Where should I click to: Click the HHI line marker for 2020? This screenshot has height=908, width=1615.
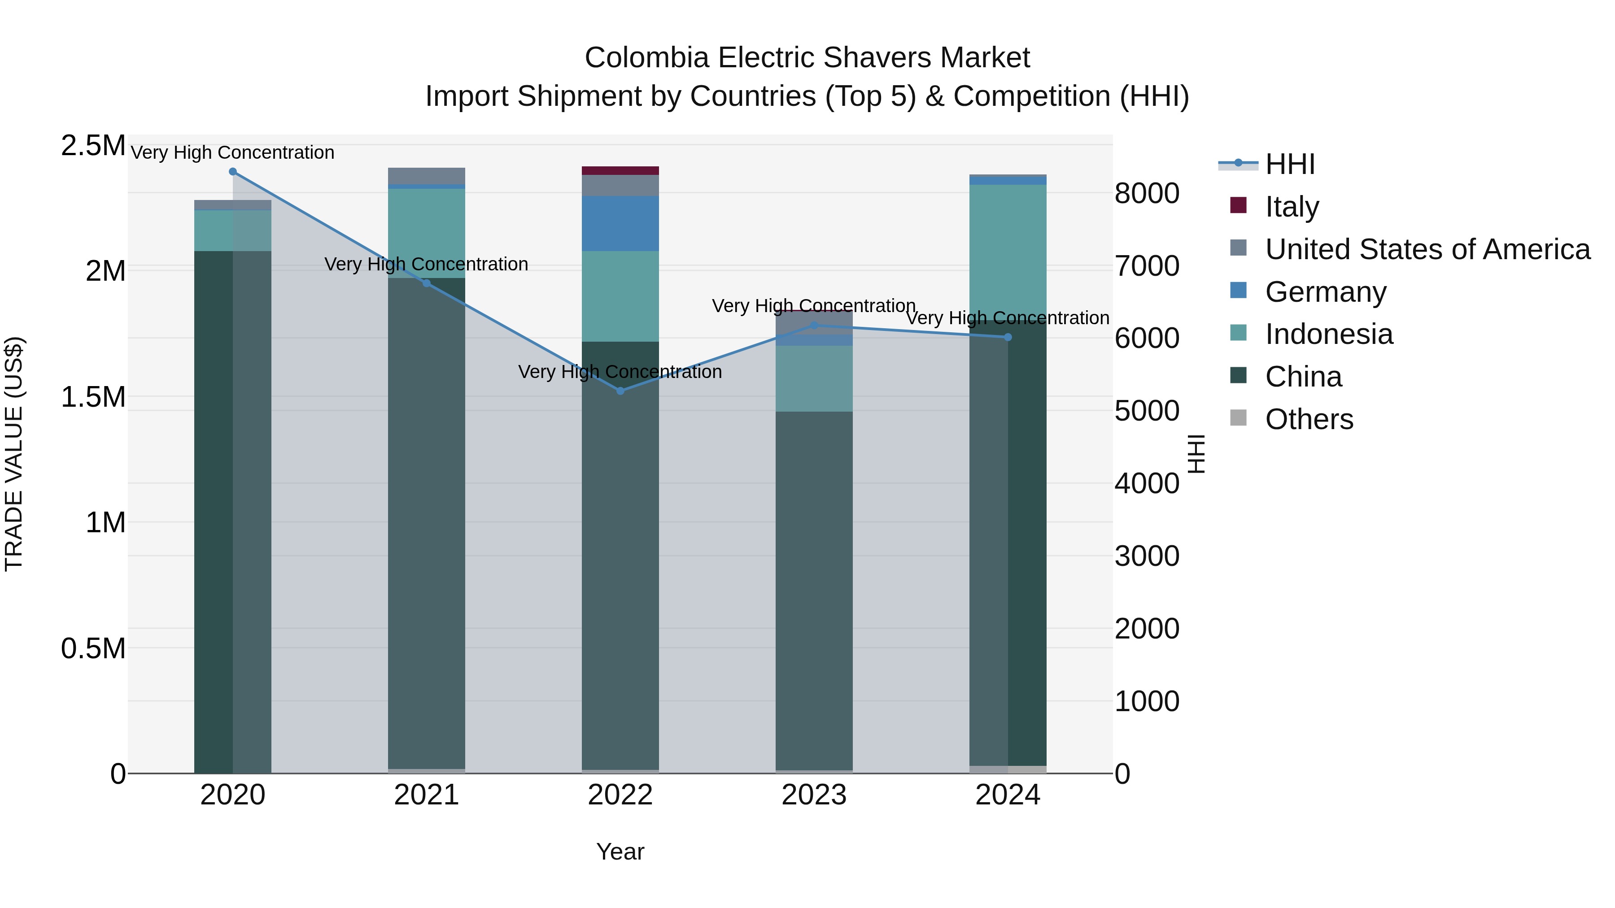pyautogui.click(x=232, y=172)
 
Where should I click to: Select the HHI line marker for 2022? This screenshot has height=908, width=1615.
pyautogui.click(x=620, y=391)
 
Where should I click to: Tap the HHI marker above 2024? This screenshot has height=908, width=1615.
pyautogui.click(x=1008, y=337)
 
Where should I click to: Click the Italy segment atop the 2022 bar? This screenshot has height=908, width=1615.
pyautogui.click(x=620, y=170)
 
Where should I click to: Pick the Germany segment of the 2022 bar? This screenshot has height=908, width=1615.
pyautogui.click(x=620, y=223)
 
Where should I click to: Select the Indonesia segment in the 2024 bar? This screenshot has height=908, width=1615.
pyautogui.click(x=1008, y=251)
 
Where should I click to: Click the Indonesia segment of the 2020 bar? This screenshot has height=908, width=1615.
pyautogui.click(x=232, y=230)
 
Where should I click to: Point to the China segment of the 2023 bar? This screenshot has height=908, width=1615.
pyautogui.click(x=814, y=589)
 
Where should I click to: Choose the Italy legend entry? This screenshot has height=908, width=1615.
pyautogui.click(x=1292, y=207)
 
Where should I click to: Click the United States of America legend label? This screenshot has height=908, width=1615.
pyautogui.click(x=1427, y=249)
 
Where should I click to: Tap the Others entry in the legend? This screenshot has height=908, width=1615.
pyautogui.click(x=1309, y=419)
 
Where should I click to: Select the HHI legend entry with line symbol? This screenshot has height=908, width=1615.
pyautogui.click(x=1290, y=164)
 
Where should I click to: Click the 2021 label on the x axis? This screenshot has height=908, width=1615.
pyautogui.click(x=426, y=795)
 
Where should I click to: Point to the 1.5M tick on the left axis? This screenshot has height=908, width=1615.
pyautogui.click(x=93, y=397)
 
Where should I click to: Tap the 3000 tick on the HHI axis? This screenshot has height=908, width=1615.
pyautogui.click(x=1147, y=556)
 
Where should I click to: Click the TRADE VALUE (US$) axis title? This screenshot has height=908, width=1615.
pyautogui.click(x=14, y=454)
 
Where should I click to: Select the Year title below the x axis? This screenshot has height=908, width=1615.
pyautogui.click(x=620, y=852)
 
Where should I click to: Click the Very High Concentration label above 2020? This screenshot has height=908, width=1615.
pyautogui.click(x=232, y=152)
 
